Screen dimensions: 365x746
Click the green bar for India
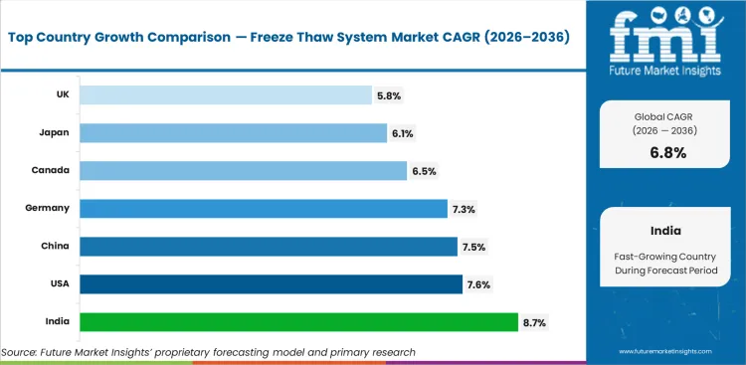[x=298, y=322]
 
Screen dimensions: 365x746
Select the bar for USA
[x=271, y=284]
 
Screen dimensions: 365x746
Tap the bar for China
[x=269, y=246]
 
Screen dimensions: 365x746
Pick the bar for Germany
[x=264, y=208]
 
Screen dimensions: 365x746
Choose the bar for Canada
[x=243, y=170]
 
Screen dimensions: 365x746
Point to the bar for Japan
[x=233, y=132]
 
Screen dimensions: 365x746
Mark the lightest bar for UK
[x=225, y=94]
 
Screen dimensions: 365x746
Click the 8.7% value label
[x=534, y=322]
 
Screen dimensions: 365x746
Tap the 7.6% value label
[x=478, y=284]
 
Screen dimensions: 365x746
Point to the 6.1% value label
[x=403, y=132]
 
